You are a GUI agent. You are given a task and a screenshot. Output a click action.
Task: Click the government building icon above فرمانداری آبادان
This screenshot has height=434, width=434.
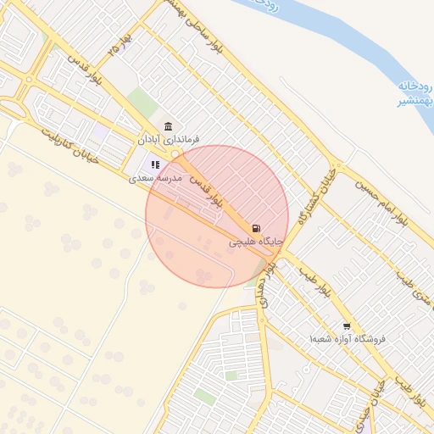pos(169,125)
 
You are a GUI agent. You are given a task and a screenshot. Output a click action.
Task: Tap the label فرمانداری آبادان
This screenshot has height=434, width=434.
pos(169,138)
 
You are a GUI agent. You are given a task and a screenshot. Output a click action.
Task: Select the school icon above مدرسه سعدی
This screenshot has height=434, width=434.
pos(155,164)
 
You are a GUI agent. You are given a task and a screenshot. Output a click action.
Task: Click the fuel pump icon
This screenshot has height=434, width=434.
pos(256,229)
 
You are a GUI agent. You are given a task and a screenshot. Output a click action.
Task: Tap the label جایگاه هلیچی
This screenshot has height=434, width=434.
pos(253,242)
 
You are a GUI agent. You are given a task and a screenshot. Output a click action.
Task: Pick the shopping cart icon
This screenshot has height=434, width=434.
pos(347,326)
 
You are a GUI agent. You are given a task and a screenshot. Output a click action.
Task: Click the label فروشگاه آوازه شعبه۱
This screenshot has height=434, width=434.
pos(348,339)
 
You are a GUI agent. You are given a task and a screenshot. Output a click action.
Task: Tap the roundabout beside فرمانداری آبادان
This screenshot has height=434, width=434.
pos(175,154)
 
